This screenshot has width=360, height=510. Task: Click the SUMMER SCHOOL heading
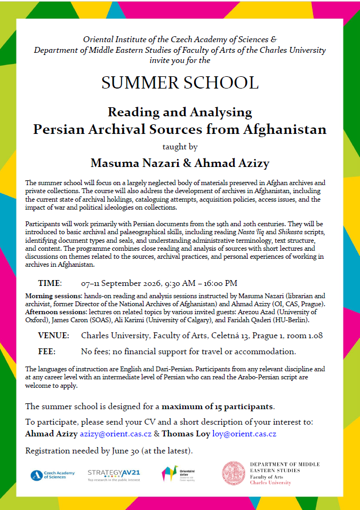coord(180,83)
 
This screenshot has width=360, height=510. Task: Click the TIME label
coord(50,283)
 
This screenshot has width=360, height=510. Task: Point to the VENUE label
coord(53,336)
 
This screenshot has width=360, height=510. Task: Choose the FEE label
coord(46,352)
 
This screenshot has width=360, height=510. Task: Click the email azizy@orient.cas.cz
coord(116,434)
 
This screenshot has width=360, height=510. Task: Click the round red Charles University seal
coord(233,473)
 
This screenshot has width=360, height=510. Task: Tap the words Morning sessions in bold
coord(52,296)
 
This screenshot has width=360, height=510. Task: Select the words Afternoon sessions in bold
coord(54,312)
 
